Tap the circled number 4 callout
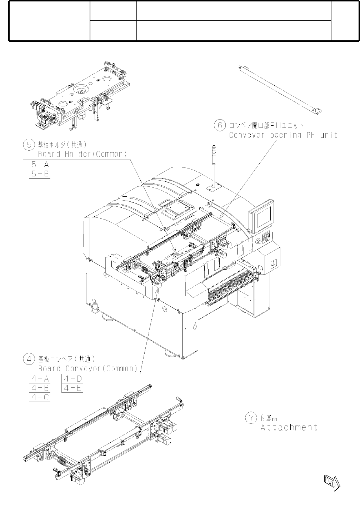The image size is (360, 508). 28,359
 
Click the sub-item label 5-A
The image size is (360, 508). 40,165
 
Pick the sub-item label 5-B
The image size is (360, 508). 40,174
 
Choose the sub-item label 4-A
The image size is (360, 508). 40,379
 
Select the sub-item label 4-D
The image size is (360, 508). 73,379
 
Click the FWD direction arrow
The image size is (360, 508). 332,482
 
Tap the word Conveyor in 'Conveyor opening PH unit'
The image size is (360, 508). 246,135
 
